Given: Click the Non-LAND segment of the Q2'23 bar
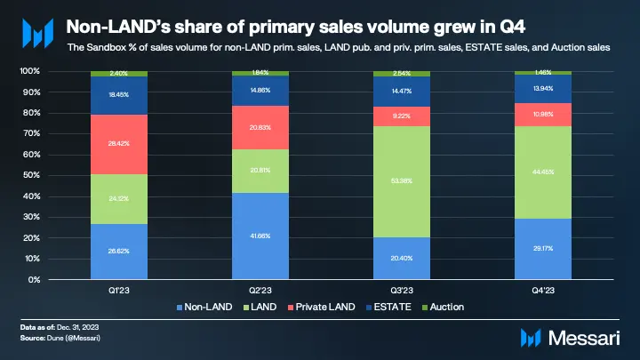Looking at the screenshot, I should pos(260,236).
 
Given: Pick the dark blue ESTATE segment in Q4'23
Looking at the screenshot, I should pos(542,89).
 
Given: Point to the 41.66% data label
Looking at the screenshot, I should pos(260,236).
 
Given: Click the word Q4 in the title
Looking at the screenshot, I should pos(431,27).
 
